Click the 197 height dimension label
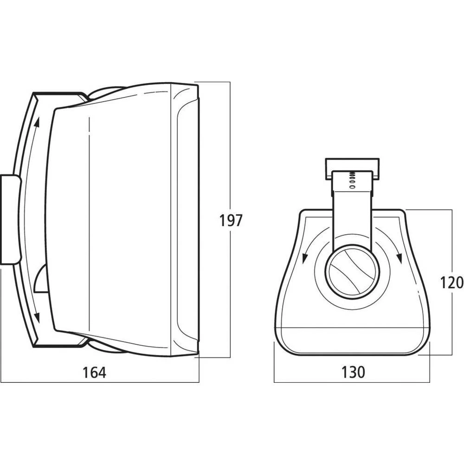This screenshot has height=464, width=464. [230, 220]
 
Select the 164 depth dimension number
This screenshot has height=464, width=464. [94, 372]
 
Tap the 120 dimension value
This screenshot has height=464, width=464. [452, 282]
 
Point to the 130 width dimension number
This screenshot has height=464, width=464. [353, 372]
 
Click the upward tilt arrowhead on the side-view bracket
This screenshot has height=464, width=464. [36, 122]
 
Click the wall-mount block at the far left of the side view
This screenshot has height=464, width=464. [10, 219]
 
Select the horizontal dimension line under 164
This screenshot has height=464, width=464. [139, 382]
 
